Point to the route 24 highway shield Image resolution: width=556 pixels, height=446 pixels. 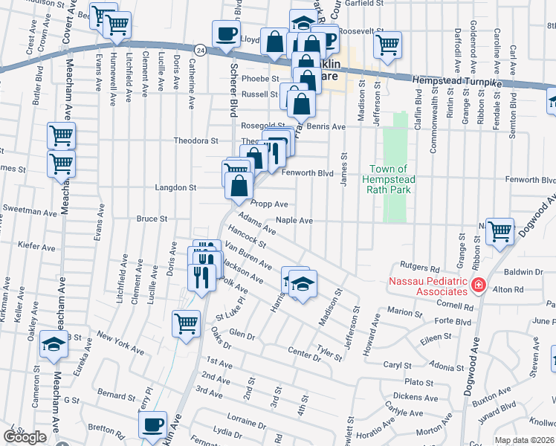pos(200,48)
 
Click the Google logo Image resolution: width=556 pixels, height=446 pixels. pos(25,437)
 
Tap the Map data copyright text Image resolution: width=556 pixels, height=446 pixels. pos(525,440)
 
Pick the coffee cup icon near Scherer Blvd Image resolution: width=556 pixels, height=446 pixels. pos(226,33)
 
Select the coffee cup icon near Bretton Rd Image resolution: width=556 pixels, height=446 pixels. pos(153,425)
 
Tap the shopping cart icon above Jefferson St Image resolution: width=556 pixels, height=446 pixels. pos(387,45)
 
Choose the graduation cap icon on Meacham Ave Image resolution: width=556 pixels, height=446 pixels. pos(54,344)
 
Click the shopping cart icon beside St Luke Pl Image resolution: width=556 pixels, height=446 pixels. pos(186,323)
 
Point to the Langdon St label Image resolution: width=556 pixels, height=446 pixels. pos(175,188)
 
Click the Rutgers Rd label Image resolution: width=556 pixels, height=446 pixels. pos(420,267)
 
